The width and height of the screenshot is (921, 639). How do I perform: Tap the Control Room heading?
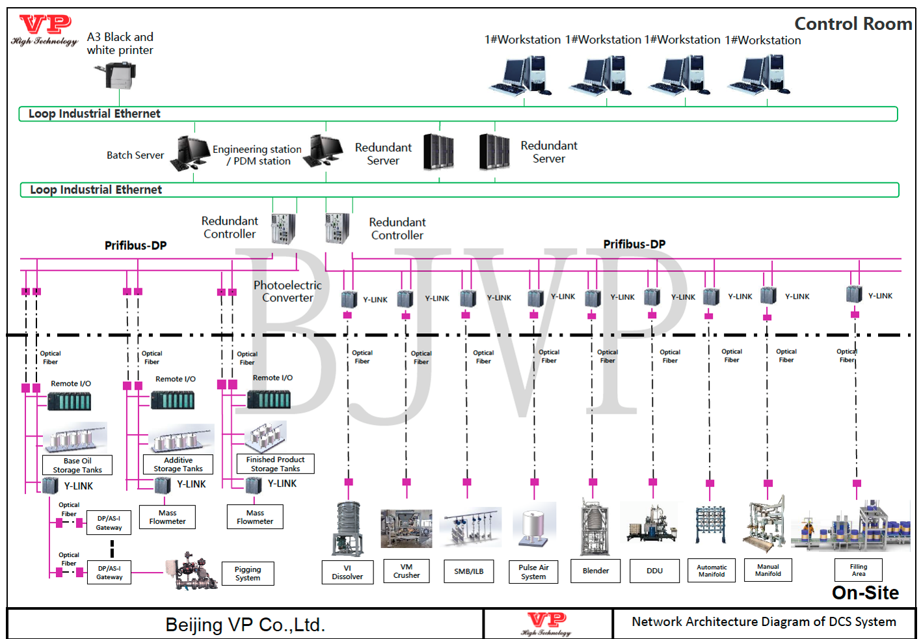(x=853, y=24)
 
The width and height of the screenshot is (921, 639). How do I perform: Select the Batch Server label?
(x=135, y=156)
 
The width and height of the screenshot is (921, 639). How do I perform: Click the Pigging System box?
(x=248, y=573)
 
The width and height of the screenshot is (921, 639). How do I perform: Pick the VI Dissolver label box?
(x=347, y=572)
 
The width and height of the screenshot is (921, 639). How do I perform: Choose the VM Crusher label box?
(x=407, y=571)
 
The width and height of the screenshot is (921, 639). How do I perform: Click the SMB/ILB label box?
(x=468, y=571)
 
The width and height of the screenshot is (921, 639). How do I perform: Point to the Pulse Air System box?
(x=533, y=572)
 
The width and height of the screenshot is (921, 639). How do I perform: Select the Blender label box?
(x=596, y=571)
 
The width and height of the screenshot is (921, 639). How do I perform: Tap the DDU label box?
(x=654, y=571)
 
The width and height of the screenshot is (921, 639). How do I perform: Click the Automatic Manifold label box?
(x=712, y=571)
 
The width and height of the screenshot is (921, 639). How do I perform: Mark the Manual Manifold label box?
(x=768, y=570)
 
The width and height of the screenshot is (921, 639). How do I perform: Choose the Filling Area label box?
(x=859, y=570)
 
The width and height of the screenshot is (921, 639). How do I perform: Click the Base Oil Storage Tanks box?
(x=77, y=465)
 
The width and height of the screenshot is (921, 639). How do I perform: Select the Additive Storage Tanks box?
(x=178, y=464)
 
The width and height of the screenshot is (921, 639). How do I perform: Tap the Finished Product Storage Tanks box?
(x=275, y=464)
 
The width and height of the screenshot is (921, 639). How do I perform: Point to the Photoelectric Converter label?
(x=287, y=292)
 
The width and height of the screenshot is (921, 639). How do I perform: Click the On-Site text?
(x=865, y=593)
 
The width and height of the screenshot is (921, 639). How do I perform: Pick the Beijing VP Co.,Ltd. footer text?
(x=245, y=625)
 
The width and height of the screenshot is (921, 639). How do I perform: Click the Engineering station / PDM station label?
(x=258, y=156)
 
